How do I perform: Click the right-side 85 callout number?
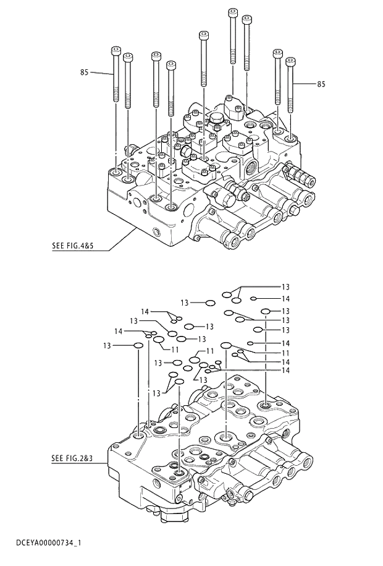(321, 84)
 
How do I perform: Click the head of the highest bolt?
(233, 11)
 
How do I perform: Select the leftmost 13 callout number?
(107, 345)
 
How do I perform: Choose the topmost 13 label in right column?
(285, 287)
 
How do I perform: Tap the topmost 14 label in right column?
(285, 299)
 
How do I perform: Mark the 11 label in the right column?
(285, 353)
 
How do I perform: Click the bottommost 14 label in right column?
(285, 370)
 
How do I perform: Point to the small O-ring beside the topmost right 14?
(254, 299)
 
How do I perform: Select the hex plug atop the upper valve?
(216, 118)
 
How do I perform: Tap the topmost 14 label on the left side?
(145, 311)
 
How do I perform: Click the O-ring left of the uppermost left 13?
(211, 302)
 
